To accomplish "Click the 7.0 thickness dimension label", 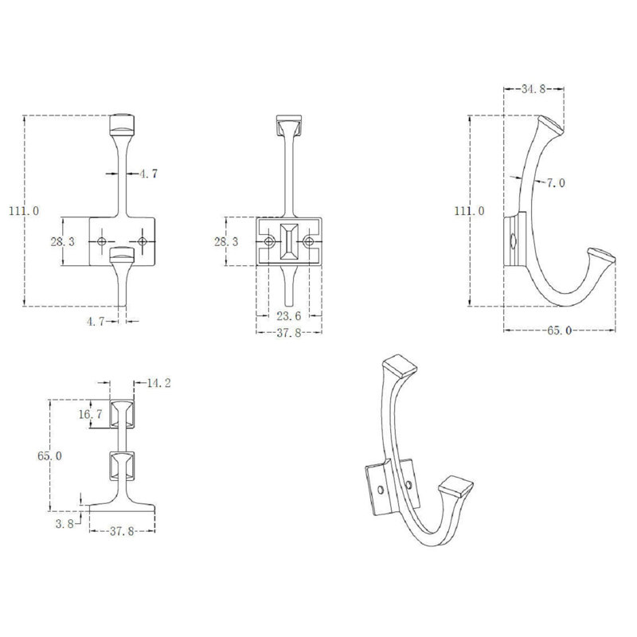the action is tap(555, 183).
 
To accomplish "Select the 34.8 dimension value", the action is tap(533, 89).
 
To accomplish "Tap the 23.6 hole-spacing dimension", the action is tap(289, 315).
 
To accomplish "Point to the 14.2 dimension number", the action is tap(158, 383).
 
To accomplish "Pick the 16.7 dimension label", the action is tap(91, 414).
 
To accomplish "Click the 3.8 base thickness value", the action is tap(64, 524).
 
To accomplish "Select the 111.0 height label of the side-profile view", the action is tap(469, 211).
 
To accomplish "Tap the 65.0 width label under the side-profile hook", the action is tap(560, 330).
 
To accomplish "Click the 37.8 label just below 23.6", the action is tap(289, 333).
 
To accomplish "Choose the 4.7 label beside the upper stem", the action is tap(148, 174).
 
